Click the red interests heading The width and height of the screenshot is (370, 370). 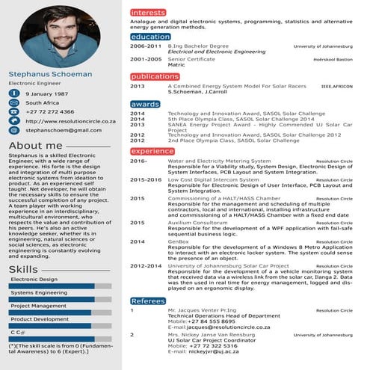click(148, 13)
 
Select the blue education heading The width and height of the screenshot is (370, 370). click(149, 37)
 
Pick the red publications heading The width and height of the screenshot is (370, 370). click(155, 77)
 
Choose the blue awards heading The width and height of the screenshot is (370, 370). click(145, 104)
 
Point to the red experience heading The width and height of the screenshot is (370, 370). click(152, 151)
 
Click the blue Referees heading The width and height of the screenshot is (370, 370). click(148, 300)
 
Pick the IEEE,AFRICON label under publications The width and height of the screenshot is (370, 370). click(336, 87)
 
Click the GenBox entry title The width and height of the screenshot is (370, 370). click(179, 241)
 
